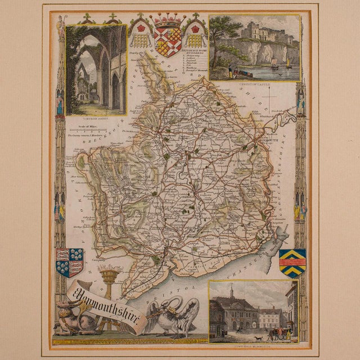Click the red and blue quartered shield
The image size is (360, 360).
pyautogui.click(x=70, y=262)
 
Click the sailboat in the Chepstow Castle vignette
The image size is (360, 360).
pyautogui.click(x=288, y=61)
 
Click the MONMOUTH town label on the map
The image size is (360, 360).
pyautogui.click(x=267, y=142)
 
